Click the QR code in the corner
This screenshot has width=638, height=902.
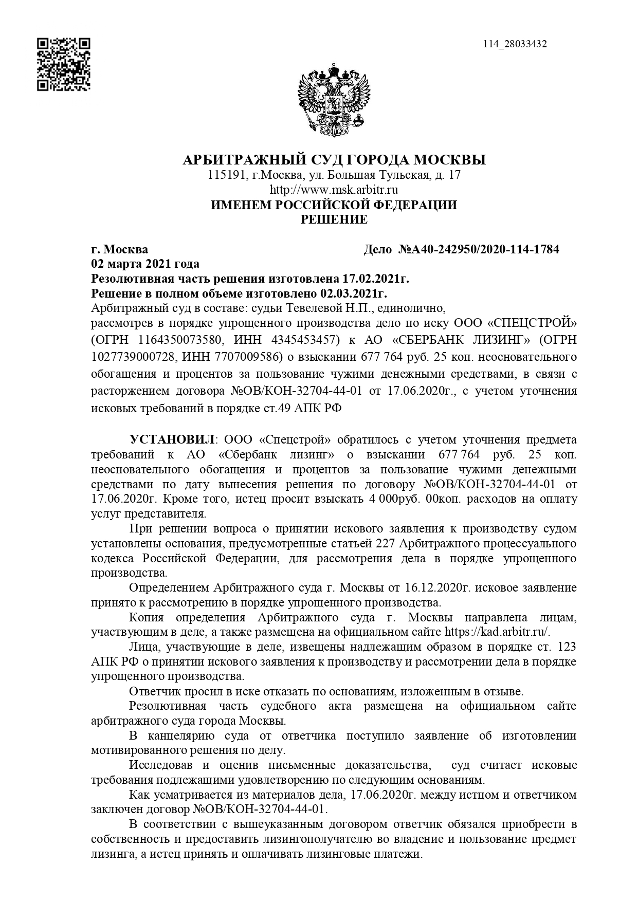[64, 64]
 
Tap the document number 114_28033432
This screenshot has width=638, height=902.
[515, 44]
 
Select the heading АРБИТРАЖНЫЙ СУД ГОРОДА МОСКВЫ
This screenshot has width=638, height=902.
[334, 160]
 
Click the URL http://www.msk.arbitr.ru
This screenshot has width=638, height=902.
[334, 190]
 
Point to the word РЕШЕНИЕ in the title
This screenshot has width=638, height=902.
[334, 219]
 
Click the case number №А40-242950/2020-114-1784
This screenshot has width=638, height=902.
[479, 250]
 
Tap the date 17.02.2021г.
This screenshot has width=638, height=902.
[375, 279]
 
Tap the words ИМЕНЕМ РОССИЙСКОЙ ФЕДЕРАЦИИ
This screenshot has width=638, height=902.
[334, 205]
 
